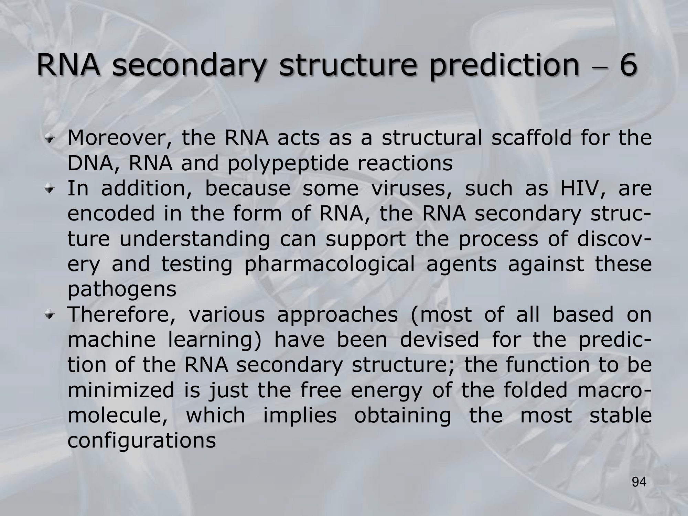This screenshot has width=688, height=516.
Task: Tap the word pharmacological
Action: [330, 265]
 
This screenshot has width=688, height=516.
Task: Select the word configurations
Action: [142, 441]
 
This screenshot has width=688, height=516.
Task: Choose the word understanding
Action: [195, 240]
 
